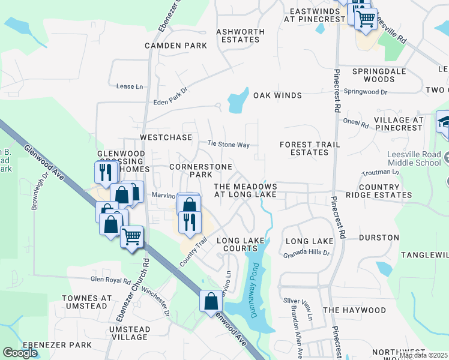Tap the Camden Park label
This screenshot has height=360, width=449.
(176, 46)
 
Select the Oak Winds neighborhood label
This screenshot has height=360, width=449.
(277, 95)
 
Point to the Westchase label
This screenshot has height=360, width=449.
(166, 137)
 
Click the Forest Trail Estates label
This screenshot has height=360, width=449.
(310, 148)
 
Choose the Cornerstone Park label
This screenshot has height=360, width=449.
(191, 170)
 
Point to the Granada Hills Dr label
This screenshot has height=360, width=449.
(307, 254)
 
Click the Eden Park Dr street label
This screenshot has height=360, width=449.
(170, 88)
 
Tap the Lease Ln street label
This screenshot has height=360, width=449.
(130, 86)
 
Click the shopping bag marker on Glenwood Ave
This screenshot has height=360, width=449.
(211, 301)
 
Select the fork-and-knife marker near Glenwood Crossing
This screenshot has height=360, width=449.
(104, 173)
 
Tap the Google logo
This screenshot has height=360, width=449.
(20, 353)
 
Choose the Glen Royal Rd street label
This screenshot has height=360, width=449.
(110, 280)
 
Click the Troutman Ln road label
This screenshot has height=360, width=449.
(380, 172)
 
